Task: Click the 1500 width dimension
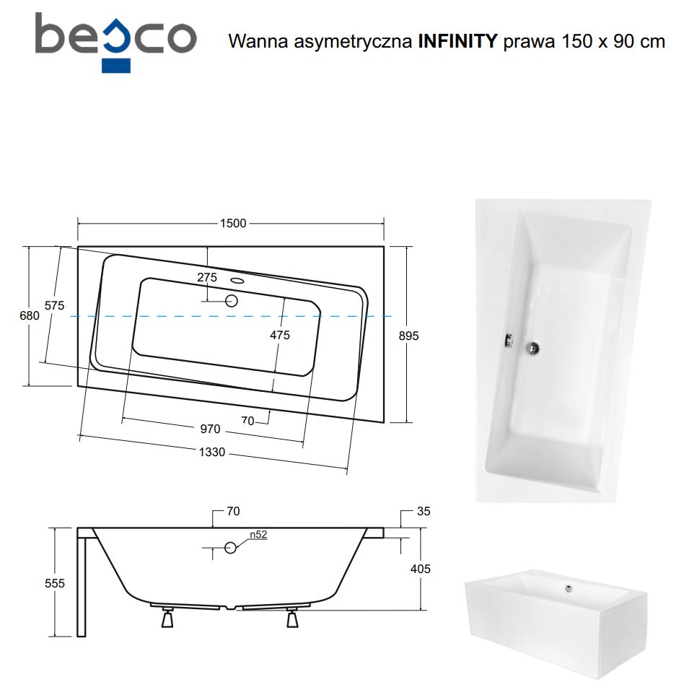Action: coord(233,223)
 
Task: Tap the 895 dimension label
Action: coord(408,336)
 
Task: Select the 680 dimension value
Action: coord(30,315)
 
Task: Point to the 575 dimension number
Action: coord(55,305)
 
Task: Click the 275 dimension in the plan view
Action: coord(207,277)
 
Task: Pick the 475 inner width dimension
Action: coord(280,335)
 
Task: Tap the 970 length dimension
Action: coord(210,429)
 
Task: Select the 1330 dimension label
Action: coord(211,452)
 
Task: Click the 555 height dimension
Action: coord(55,583)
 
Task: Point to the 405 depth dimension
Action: coord(421,569)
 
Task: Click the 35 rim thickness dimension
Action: coord(424,512)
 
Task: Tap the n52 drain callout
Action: coord(258,535)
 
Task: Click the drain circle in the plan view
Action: coord(232,302)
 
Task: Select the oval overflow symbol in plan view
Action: coord(238,281)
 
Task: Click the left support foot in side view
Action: coord(167,618)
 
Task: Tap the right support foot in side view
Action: coord(292,618)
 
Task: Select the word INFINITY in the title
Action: coord(458,41)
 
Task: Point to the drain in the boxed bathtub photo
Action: coord(569,589)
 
